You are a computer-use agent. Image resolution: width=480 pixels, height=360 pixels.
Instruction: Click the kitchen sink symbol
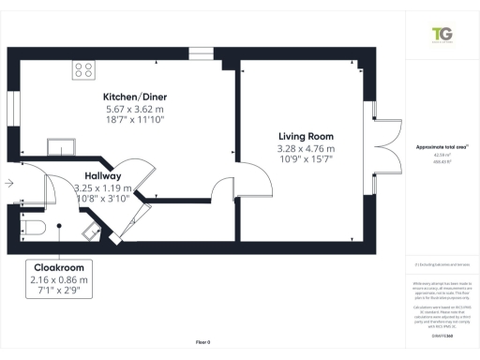(66, 145)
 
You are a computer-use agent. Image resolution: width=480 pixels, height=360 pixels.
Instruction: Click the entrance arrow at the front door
(8, 184)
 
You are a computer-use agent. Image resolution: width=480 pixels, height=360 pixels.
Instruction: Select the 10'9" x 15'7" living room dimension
(306, 161)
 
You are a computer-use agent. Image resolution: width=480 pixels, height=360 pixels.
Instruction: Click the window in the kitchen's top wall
(200, 52)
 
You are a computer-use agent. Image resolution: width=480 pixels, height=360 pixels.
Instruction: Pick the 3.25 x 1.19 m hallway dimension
(100, 188)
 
